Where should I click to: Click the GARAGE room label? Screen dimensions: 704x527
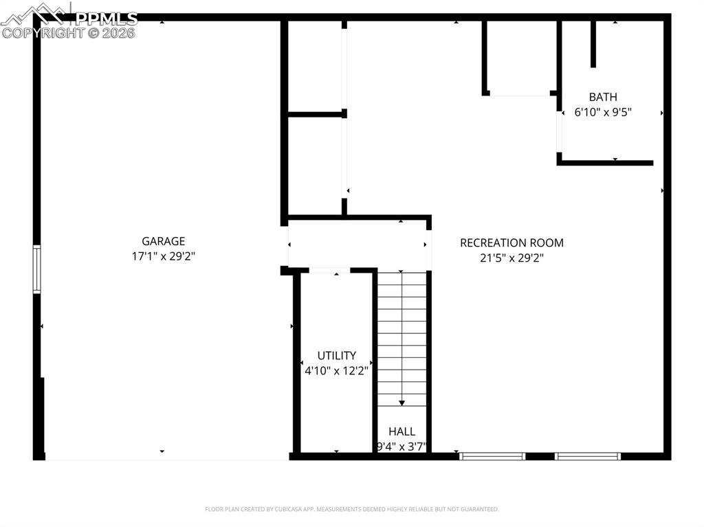coord(164,241)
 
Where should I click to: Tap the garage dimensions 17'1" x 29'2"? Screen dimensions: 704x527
coord(164,256)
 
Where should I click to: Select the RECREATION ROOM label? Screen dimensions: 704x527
coord(511,243)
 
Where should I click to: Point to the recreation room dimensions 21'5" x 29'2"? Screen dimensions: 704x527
coord(511,258)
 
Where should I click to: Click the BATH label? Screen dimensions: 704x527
coord(603,97)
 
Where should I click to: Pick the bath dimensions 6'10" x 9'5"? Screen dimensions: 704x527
coord(603,112)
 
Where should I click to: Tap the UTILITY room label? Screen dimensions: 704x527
coord(337,355)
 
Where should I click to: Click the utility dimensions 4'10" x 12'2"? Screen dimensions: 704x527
coord(337,371)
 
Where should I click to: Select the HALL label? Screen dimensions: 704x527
coord(401,431)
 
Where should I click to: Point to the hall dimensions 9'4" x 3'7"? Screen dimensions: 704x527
coord(401,447)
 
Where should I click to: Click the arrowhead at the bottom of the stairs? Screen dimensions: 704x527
coord(401,403)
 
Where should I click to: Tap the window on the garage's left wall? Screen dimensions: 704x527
coord(37,269)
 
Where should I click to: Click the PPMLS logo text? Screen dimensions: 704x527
coord(106,19)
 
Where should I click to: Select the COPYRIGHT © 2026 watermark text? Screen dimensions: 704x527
coord(68,33)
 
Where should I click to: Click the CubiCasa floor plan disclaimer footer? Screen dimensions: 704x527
coord(352,509)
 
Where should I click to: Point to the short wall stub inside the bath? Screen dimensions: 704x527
coord(593,44)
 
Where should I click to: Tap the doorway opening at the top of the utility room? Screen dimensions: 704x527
coord(329,270)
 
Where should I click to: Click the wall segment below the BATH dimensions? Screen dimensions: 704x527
coord(605,163)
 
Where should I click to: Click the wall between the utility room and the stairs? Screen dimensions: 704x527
coord(375,363)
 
